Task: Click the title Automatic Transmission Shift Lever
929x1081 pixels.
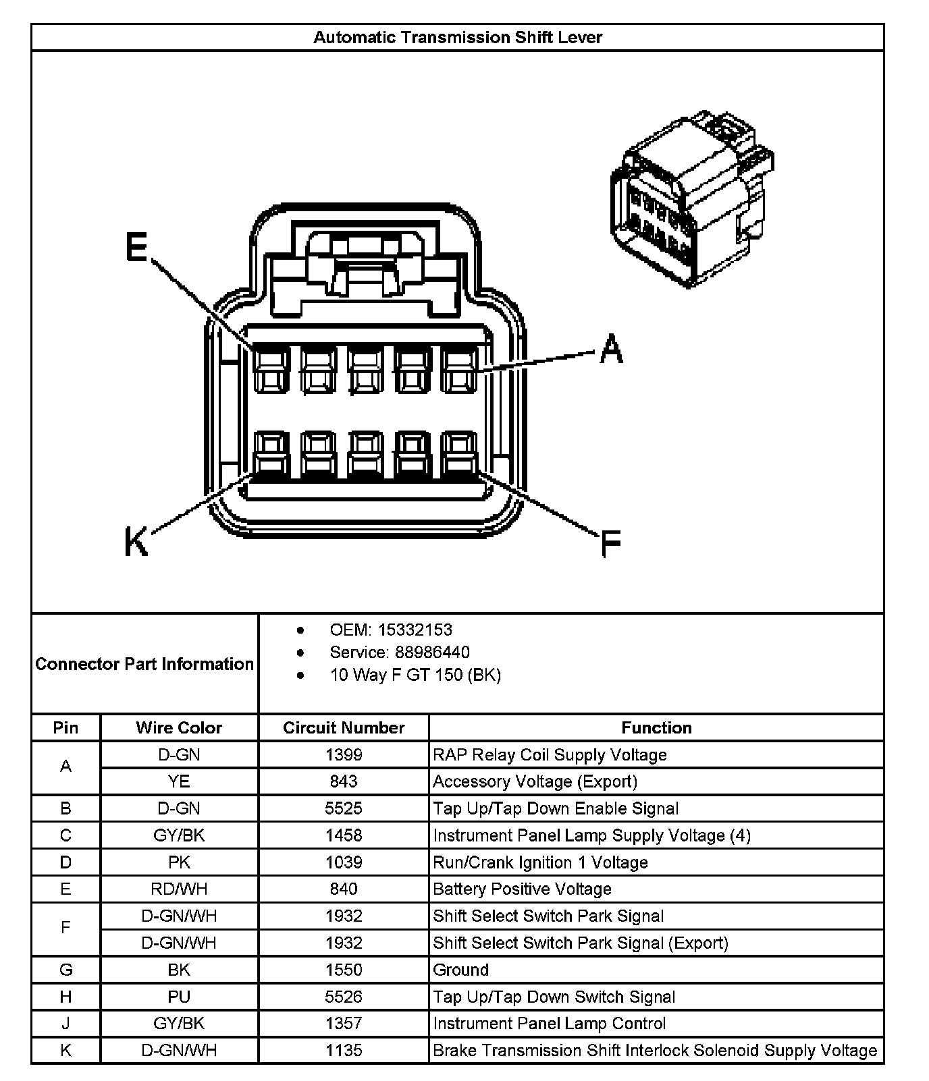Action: (x=457, y=37)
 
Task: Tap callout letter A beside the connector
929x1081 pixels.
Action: (x=611, y=349)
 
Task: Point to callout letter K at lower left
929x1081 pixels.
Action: (x=136, y=541)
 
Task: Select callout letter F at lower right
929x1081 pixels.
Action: (x=610, y=544)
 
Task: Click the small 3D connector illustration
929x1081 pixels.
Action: (x=691, y=200)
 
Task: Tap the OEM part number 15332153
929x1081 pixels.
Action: (x=415, y=630)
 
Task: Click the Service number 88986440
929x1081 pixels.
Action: (x=423, y=652)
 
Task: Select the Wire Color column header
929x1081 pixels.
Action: (x=179, y=727)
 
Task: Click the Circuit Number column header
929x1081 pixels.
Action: (x=344, y=727)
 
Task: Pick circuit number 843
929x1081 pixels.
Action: (x=344, y=781)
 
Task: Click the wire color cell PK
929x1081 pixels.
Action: (x=179, y=862)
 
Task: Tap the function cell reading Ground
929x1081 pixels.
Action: (x=461, y=970)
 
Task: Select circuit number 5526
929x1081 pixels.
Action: (x=344, y=997)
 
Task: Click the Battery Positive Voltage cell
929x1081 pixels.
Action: (x=522, y=889)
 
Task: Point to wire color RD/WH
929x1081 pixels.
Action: (x=179, y=889)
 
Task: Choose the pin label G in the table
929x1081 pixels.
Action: (x=65, y=970)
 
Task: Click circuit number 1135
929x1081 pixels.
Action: (x=344, y=1050)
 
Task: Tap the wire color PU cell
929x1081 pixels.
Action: (x=179, y=997)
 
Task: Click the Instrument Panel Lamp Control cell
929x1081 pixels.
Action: (x=549, y=1024)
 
